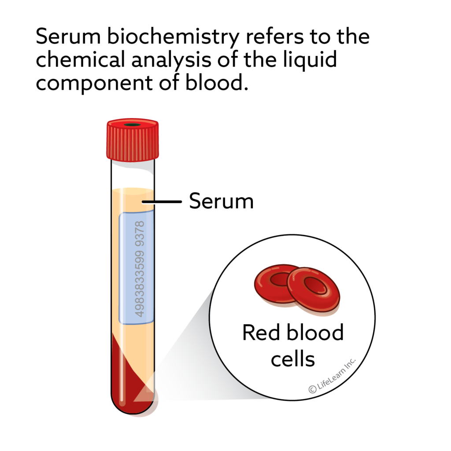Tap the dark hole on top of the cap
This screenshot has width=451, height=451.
(132, 125)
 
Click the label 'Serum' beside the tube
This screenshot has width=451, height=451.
(221, 202)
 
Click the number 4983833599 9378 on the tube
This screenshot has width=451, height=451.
(139, 269)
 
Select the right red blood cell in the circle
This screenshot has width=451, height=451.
(314, 290)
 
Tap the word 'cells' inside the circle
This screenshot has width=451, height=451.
(293, 359)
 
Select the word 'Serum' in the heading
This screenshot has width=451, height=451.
(65, 37)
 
